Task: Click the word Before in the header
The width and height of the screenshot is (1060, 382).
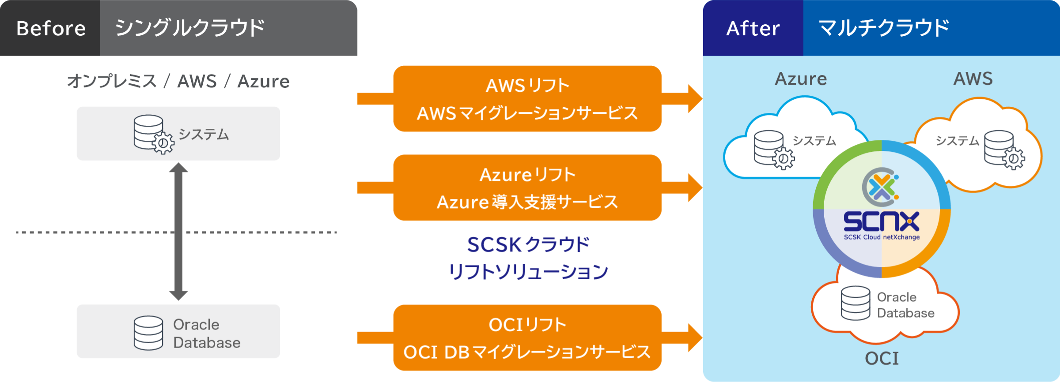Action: [x=51, y=29]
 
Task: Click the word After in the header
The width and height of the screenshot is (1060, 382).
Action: [x=753, y=29]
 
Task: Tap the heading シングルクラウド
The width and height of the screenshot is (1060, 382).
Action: [x=189, y=28]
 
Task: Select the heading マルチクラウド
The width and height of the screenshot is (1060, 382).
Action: [x=883, y=28]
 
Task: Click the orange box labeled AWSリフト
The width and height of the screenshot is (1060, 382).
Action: [x=527, y=99]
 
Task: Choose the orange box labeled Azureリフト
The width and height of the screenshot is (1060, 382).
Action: [x=527, y=188]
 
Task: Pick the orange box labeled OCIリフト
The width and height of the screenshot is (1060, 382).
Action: [x=527, y=338]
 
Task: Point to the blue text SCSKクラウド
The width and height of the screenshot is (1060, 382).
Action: [x=528, y=245]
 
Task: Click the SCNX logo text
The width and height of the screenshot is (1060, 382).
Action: [x=881, y=221]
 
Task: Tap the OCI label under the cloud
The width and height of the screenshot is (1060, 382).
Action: [x=882, y=358]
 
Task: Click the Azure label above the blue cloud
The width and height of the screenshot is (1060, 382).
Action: [x=801, y=79]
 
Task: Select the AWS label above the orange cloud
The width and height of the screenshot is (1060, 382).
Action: [x=973, y=79]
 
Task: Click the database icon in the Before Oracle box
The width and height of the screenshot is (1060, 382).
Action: [x=148, y=333]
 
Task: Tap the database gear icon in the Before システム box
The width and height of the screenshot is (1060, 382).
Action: [x=153, y=134]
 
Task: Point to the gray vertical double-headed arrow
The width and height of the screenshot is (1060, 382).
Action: [x=178, y=232]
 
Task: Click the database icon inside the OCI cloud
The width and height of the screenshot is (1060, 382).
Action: [x=856, y=303]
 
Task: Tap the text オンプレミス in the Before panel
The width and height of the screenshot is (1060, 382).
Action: [x=112, y=82]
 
